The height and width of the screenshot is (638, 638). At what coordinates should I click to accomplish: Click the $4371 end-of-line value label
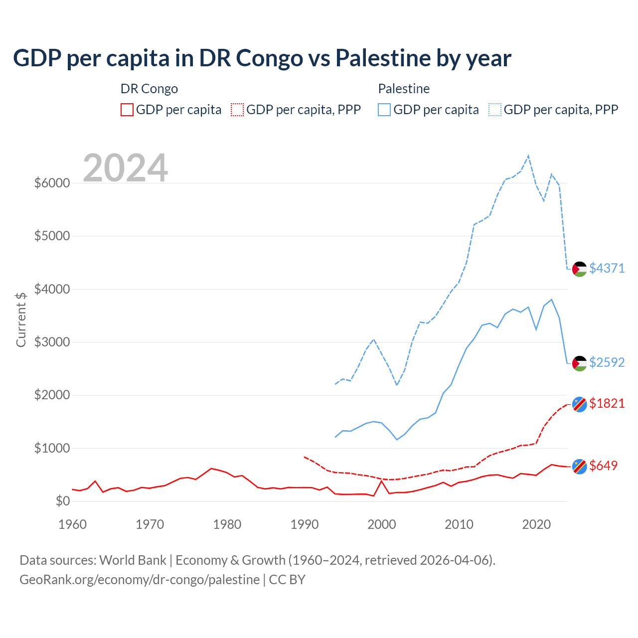tap(607, 268)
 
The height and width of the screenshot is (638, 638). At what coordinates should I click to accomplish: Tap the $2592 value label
tap(607, 362)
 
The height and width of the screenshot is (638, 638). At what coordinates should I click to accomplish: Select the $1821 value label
tap(607, 403)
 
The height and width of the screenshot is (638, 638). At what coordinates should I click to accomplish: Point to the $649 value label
tap(603, 466)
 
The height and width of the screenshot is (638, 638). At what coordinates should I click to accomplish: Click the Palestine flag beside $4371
tap(579, 269)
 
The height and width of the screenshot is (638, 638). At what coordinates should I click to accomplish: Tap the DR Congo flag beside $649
tap(579, 466)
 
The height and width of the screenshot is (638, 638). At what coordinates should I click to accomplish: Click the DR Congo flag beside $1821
tap(579, 404)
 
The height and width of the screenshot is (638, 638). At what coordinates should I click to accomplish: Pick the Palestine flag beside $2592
tap(579, 363)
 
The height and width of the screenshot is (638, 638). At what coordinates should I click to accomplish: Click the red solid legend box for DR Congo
tap(127, 110)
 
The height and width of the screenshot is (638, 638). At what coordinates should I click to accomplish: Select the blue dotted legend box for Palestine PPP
tap(495, 110)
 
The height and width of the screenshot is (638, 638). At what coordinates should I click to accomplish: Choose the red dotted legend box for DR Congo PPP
tap(237, 110)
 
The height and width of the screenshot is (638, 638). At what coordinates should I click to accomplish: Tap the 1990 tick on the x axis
tap(304, 524)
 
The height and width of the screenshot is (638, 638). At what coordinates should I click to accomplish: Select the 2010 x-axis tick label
tap(459, 524)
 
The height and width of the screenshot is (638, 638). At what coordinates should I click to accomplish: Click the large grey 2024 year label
tap(125, 168)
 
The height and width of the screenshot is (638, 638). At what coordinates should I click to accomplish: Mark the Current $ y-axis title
tap(21, 319)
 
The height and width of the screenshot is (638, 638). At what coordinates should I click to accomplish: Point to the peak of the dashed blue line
tap(528, 156)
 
